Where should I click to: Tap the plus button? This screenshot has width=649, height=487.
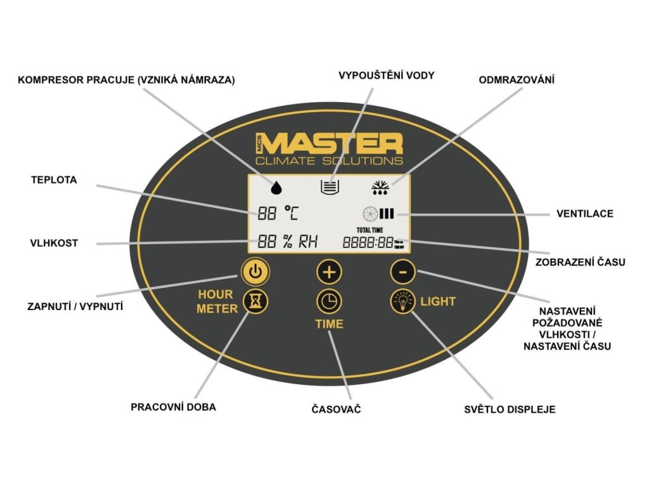pyautogui.click(x=329, y=272)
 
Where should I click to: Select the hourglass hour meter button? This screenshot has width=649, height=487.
pyautogui.click(x=255, y=302)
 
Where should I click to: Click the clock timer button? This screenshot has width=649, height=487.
pyautogui.click(x=329, y=301)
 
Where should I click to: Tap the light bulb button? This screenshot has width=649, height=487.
pyautogui.click(x=402, y=301)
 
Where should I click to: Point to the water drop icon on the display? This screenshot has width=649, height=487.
pyautogui.click(x=276, y=186)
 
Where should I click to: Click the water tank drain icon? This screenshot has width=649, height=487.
pyautogui.click(x=330, y=186)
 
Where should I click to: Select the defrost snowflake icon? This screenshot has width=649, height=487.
pyautogui.click(x=381, y=186)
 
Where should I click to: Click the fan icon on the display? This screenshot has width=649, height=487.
pyautogui.click(x=369, y=214)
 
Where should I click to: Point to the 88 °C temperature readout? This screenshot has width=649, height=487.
pyautogui.click(x=278, y=213)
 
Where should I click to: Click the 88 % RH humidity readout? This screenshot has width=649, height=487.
pyautogui.click(x=287, y=242)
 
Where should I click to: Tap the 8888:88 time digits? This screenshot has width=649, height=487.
pyautogui.click(x=368, y=243)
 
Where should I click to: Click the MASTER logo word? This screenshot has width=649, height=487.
pyautogui.click(x=333, y=143)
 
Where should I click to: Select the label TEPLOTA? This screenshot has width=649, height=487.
pyautogui.click(x=54, y=180)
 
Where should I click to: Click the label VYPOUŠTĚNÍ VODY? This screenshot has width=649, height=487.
pyautogui.click(x=387, y=75)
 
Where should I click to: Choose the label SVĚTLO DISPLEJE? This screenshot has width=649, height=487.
pyautogui.click(x=510, y=409)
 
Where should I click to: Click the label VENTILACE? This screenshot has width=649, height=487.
pyautogui.click(x=584, y=214)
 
